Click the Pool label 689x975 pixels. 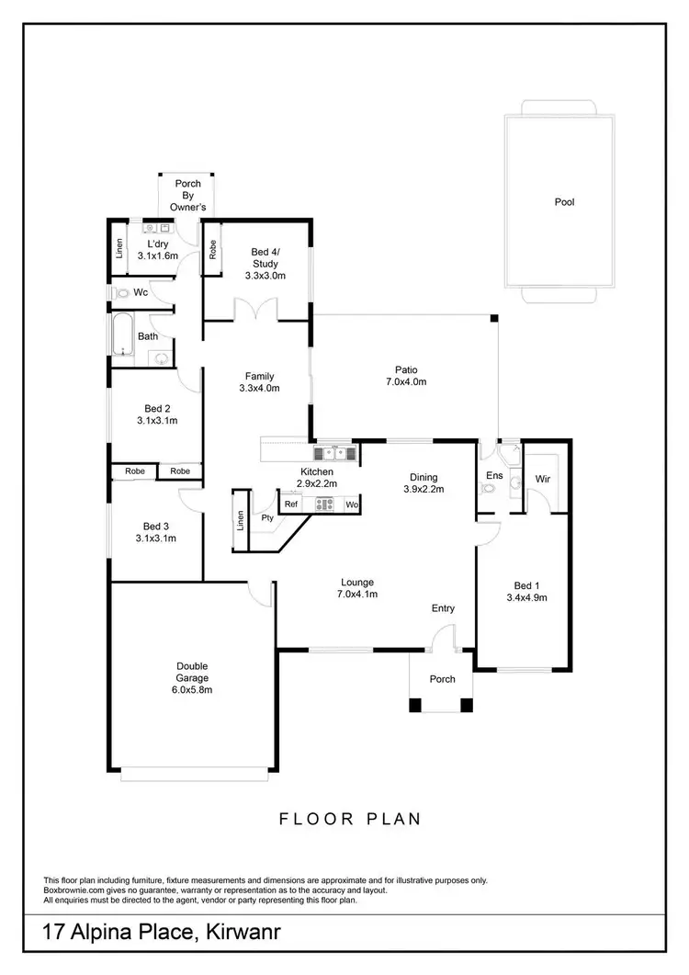click(x=564, y=202)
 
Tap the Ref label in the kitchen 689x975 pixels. click(x=291, y=505)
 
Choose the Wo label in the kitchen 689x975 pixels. click(x=351, y=505)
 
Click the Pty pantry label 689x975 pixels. click(x=267, y=517)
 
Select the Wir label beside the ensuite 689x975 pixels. click(x=542, y=479)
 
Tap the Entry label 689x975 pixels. click(x=444, y=608)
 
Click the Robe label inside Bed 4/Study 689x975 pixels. click(x=212, y=248)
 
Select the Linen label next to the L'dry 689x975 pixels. click(x=119, y=248)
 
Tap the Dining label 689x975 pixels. click(x=424, y=477)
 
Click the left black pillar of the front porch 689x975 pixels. click(x=415, y=706)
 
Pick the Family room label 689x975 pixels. click(x=260, y=376)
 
